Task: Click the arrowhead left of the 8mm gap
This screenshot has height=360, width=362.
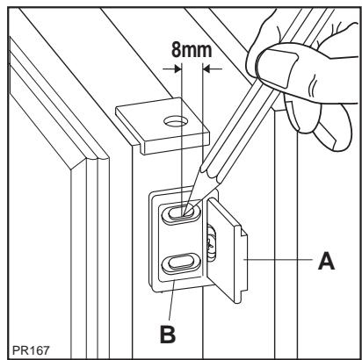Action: (x=172, y=68)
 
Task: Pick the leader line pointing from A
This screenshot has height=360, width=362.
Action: (x=281, y=261)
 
